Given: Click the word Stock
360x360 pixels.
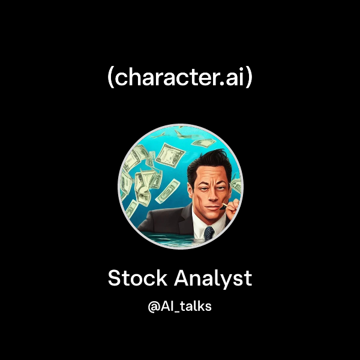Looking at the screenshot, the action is pos(137,278).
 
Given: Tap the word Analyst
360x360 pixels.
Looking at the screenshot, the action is pos(213,279).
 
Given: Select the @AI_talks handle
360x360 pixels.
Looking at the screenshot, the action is pos(180,306).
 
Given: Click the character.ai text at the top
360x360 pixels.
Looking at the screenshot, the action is pos(180,77).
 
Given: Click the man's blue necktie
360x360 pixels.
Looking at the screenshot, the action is pos(209,233).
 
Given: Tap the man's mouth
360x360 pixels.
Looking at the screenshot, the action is pos(212,208).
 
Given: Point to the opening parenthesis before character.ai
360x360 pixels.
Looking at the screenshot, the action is pos(110,77).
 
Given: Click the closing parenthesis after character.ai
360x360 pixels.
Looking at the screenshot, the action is pos(249,77).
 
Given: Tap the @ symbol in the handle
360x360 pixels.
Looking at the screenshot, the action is pos(154,307).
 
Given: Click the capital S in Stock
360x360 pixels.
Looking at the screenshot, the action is pos(115,278).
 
